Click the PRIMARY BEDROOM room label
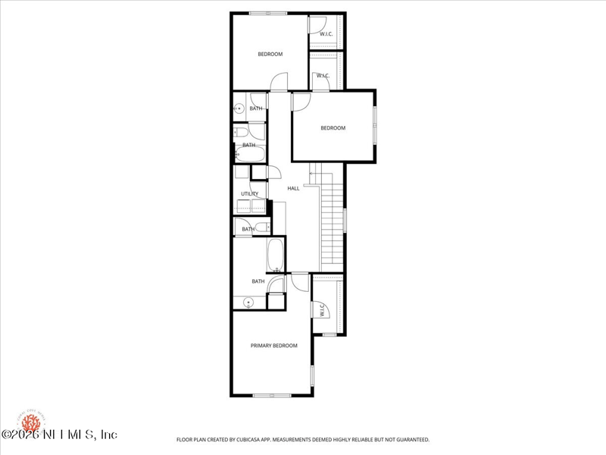(273, 346)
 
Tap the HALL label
(293, 188)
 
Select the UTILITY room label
(249, 194)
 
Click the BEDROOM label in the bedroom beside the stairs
(333, 128)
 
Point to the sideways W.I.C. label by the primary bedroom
(322, 311)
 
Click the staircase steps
(332, 224)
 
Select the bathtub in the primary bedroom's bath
(275, 256)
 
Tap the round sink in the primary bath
(248, 303)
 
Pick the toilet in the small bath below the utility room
(261, 227)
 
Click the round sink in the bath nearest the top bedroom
(239, 109)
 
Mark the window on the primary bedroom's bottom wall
(272, 395)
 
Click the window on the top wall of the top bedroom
(268, 13)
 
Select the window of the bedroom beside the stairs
(374, 124)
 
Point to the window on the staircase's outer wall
(345, 220)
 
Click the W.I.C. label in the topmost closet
(326, 34)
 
